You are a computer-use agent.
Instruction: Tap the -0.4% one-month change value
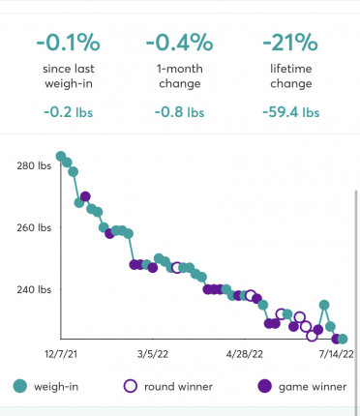tap(179, 45)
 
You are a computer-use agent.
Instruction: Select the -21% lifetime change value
tap(290, 45)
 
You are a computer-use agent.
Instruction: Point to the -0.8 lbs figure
tap(179, 112)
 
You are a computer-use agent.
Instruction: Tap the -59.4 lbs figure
tap(290, 112)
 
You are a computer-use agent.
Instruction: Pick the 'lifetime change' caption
tap(290, 77)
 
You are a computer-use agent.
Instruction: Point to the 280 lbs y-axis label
tap(33, 165)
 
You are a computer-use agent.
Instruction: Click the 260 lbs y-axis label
tap(33, 228)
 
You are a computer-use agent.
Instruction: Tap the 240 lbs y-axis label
tap(33, 289)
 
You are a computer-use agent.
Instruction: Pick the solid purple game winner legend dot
tap(264, 386)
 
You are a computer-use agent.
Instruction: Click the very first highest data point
tap(61, 156)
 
